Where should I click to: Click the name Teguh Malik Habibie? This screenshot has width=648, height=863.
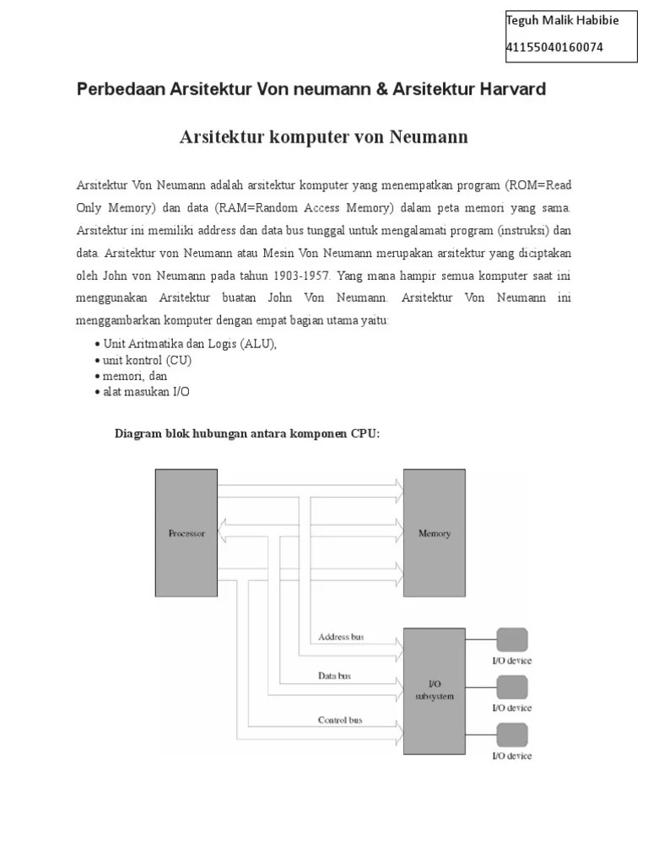click(x=562, y=21)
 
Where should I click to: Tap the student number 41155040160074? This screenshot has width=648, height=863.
click(x=554, y=47)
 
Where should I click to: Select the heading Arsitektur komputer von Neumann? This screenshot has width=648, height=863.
click(x=323, y=137)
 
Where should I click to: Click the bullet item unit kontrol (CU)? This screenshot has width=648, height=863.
click(x=147, y=360)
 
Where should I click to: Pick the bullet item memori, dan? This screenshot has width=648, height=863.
click(x=135, y=376)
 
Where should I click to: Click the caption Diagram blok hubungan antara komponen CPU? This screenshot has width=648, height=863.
click(x=247, y=433)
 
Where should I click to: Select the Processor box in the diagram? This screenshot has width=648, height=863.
click(x=186, y=533)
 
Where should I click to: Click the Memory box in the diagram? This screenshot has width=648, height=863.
click(x=435, y=533)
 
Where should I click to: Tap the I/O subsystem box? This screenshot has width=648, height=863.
click(x=435, y=690)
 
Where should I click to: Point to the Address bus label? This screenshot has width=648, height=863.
click(x=342, y=636)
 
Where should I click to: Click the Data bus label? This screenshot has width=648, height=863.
click(x=335, y=676)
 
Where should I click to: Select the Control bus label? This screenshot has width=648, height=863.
click(x=340, y=720)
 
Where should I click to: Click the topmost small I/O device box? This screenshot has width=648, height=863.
click(x=512, y=640)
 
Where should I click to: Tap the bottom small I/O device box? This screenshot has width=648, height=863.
click(x=512, y=735)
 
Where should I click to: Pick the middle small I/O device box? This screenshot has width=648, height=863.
click(x=512, y=687)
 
